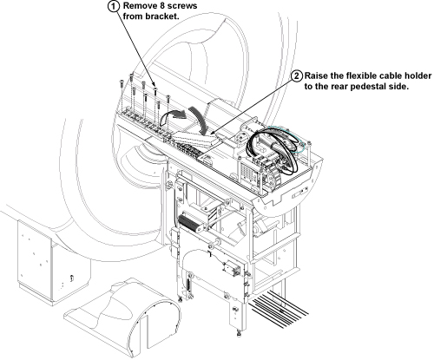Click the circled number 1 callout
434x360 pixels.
[x=114, y=7]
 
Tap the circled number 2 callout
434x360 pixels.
[x=297, y=75]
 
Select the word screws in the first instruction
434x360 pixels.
[x=183, y=6]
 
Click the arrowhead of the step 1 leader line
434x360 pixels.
[x=155, y=88]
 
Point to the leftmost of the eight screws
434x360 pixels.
[x=121, y=83]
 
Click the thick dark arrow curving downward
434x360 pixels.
[x=199, y=120]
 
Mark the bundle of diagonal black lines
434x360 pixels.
[x=279, y=310]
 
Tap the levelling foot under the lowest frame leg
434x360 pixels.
[x=239, y=334]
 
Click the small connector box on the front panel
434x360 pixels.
[x=231, y=267]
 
